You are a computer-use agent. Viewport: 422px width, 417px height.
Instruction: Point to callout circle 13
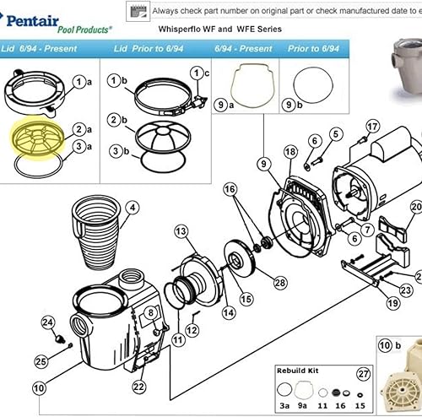click(181, 231)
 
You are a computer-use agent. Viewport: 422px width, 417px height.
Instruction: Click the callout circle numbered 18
click(290, 152)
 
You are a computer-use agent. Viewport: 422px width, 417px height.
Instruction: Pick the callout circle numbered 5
click(335, 134)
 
